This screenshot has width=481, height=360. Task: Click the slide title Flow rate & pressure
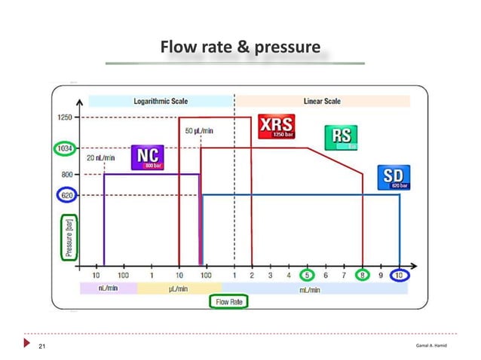coord(240,49)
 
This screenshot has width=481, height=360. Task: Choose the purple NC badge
coord(148,157)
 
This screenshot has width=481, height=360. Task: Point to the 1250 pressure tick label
coord(66,117)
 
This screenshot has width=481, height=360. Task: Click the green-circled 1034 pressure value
coord(65,148)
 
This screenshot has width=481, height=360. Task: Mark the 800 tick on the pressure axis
coord(67,174)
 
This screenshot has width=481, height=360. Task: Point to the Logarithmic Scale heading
coord(161,100)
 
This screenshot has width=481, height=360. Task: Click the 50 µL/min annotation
coord(199,131)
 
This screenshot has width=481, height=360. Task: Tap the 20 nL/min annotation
coord(100,157)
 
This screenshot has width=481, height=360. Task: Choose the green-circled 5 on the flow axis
coord(308,276)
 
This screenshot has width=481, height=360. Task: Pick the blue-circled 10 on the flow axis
coord(400,276)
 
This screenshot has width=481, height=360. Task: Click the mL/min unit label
coord(309,288)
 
